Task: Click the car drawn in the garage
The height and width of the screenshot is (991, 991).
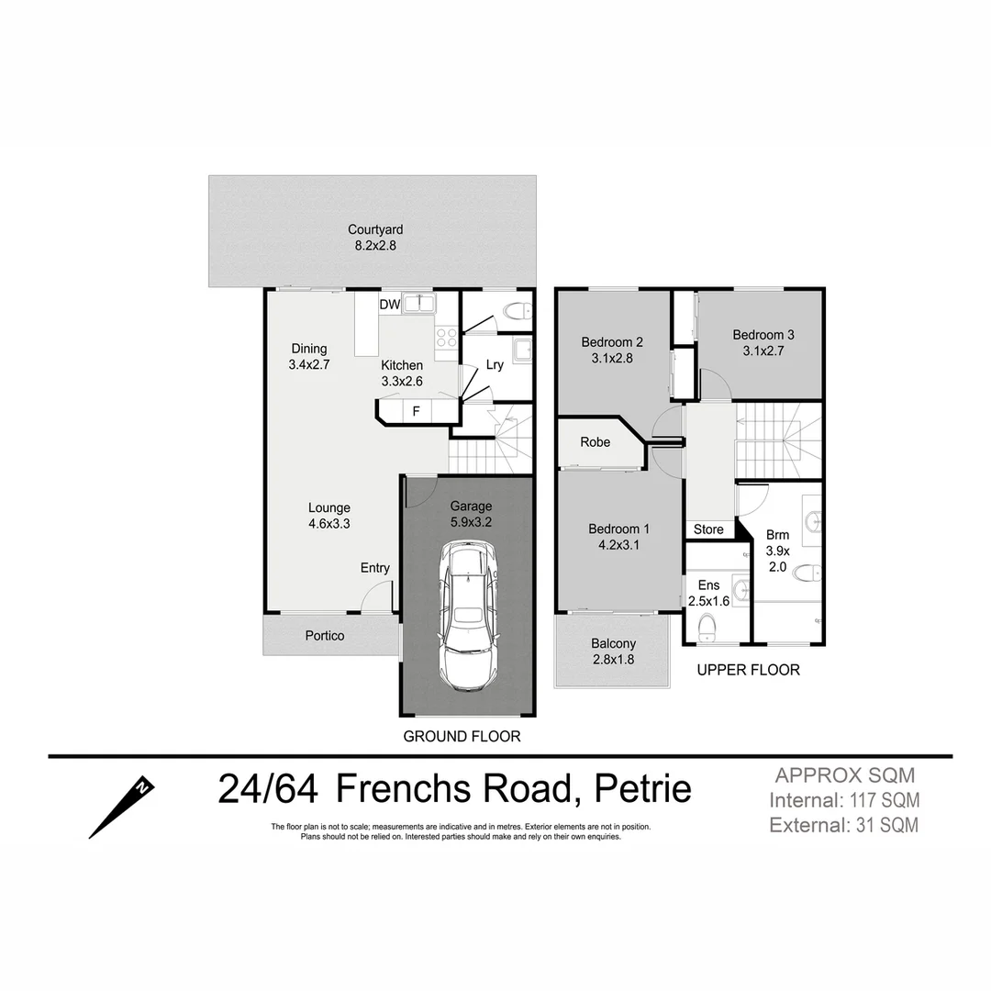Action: (468, 616)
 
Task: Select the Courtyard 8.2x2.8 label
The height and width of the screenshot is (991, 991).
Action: (374, 238)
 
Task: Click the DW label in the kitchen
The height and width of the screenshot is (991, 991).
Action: (389, 304)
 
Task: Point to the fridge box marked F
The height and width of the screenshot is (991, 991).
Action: (416, 411)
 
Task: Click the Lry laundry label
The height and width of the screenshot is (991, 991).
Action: (495, 364)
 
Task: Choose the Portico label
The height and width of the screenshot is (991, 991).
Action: (325, 635)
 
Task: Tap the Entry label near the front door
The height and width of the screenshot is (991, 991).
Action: (374, 568)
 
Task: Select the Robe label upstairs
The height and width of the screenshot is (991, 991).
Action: (595, 442)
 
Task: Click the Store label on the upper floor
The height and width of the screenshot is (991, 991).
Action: (708, 529)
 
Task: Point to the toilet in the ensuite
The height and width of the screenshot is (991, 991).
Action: (707, 628)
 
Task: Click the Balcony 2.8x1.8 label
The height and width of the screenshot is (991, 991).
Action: (613, 651)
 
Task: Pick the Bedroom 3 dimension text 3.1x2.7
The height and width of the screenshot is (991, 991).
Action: (763, 350)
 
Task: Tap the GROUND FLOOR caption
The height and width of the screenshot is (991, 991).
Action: (462, 736)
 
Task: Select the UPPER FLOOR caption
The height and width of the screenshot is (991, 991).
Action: (748, 670)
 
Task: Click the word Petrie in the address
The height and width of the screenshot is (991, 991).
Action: (643, 788)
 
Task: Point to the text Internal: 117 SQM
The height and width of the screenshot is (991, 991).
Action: (844, 800)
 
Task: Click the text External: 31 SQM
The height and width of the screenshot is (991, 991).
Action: (844, 825)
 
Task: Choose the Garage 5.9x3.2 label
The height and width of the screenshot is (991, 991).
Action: (471, 514)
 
